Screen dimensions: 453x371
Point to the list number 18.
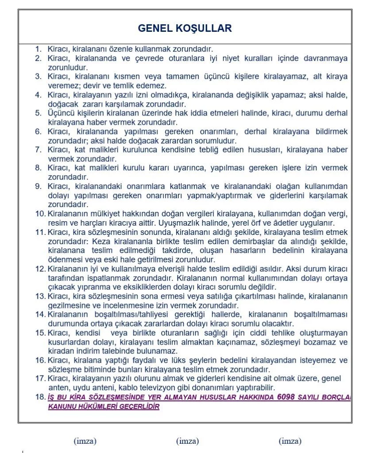(x=40, y=397)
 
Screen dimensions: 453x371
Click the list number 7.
(x=39, y=150)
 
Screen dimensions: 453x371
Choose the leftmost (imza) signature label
(x=85, y=441)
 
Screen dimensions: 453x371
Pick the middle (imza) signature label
(x=187, y=441)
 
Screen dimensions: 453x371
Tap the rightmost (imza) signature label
(x=290, y=441)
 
